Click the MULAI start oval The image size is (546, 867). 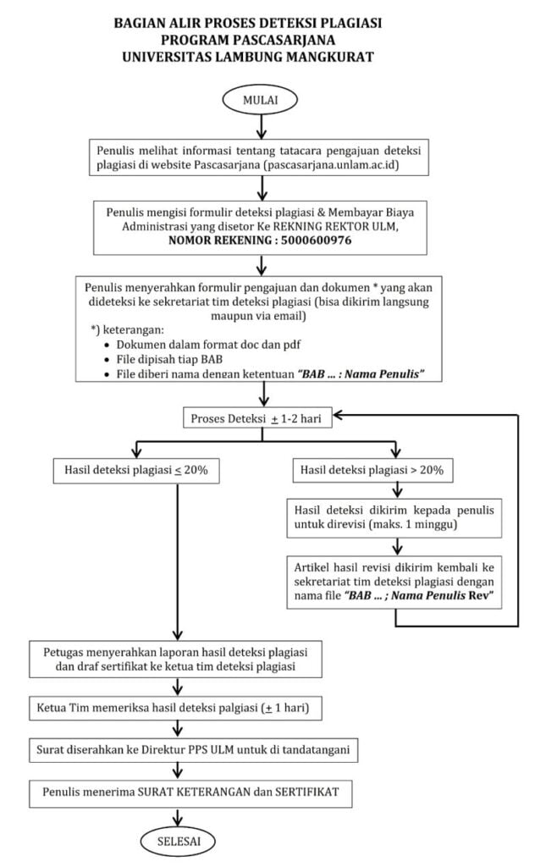(260, 101)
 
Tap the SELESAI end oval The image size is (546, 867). (178, 841)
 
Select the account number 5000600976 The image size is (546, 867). (316, 240)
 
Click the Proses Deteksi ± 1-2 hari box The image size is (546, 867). (257, 418)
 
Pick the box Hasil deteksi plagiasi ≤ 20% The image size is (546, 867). (136, 471)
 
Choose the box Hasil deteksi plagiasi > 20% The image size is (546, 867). (372, 471)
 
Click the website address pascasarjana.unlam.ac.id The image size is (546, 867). (333, 165)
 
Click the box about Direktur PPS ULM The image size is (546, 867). (193, 750)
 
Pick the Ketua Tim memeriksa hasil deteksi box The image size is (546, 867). (175, 708)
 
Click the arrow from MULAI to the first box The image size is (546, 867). (262, 127)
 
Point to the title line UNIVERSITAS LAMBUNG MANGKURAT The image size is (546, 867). (247, 57)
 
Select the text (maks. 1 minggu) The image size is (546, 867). (413, 524)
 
